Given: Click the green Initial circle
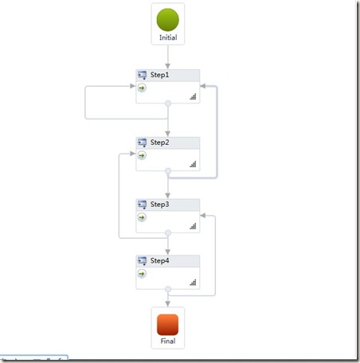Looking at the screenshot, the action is tap(168, 20).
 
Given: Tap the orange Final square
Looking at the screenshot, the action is tap(168, 325).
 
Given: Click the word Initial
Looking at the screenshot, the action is tap(168, 37).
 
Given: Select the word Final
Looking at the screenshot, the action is tap(168, 341).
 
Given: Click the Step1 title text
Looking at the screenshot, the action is tap(159, 75).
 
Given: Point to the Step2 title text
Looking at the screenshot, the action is tap(159, 142).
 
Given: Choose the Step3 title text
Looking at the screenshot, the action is tap(159, 205).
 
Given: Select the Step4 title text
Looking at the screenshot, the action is tap(159, 260).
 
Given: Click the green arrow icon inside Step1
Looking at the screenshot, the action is tap(142, 88).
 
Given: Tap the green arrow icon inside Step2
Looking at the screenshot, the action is tap(142, 155).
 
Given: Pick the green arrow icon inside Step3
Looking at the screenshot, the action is tap(142, 217).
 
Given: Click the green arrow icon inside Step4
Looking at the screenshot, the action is tap(142, 274).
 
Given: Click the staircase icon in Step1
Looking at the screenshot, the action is tap(193, 96).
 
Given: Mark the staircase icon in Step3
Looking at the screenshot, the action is tap(193, 226).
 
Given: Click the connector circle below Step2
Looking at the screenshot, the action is tap(168, 171).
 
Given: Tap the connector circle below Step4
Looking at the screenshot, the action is tap(168, 289).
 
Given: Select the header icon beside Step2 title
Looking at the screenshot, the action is tap(142, 142).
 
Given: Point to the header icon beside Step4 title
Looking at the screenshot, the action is tap(142, 261).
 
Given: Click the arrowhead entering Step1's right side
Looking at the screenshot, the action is tap(203, 86).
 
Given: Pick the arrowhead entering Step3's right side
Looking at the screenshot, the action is tap(203, 216).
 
